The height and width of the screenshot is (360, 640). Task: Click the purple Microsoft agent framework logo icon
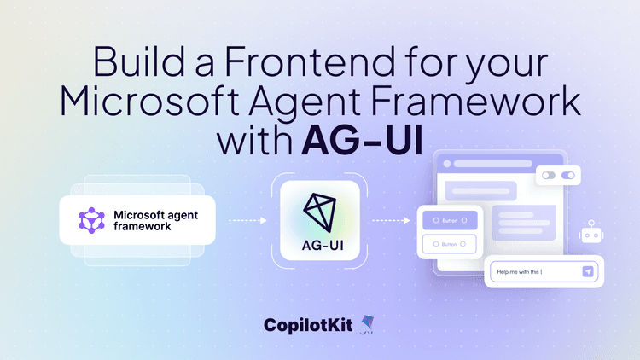click(x=90, y=221)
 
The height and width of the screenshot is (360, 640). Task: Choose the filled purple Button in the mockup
click(x=450, y=221)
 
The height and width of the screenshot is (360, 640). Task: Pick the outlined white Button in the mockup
click(x=450, y=244)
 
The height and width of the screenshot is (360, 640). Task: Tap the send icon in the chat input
click(x=587, y=272)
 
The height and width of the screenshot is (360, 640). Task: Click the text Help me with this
click(x=519, y=272)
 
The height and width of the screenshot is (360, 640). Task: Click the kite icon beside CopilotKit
click(x=368, y=323)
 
